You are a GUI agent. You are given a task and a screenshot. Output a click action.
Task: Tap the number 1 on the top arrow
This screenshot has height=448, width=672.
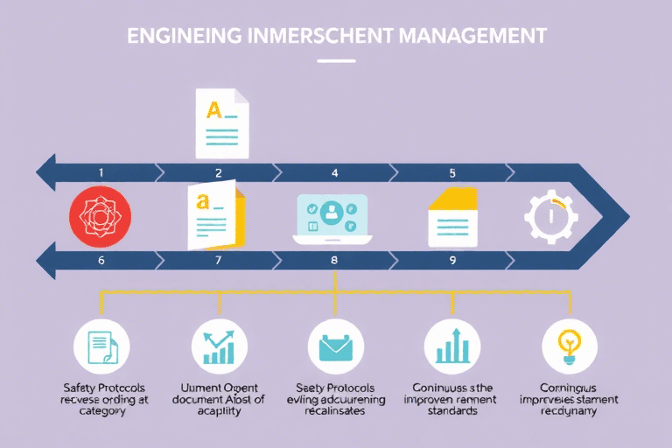pos(101,173)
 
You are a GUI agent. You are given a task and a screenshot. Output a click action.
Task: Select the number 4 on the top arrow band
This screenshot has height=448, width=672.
pos(334,173)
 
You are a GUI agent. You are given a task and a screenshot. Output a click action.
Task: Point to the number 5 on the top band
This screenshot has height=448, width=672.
pos(452,173)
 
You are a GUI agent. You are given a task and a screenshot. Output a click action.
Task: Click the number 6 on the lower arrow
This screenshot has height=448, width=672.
pos(101,259)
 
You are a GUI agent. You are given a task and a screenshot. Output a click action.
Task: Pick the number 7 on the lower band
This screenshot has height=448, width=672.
pos(219,259)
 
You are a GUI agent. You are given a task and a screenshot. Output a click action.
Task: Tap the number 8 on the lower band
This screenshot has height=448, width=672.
pos(334,259)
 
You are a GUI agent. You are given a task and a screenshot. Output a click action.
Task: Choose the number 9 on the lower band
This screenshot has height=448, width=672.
pos(452,259)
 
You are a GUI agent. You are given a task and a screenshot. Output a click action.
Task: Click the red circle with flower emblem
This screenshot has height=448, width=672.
pos(100,215)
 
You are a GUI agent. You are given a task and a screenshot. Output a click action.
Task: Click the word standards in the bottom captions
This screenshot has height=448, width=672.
pos(451,410)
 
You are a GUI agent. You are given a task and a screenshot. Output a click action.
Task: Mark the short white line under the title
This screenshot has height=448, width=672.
pos(335,61)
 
